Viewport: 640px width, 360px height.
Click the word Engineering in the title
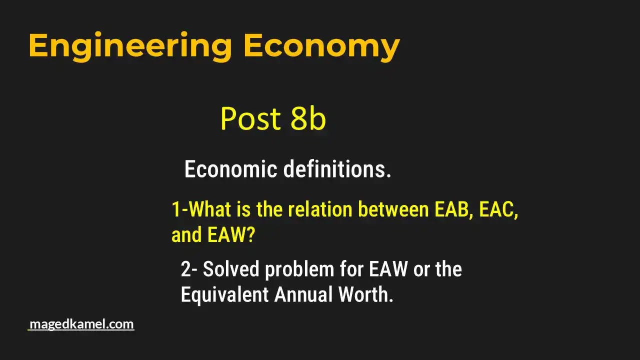[x=130, y=46]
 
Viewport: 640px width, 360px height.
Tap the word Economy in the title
[x=321, y=46]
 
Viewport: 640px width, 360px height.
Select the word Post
[x=250, y=119]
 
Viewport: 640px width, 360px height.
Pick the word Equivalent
[x=224, y=295]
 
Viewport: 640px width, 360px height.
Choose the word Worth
[x=365, y=295]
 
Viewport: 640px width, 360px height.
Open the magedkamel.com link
[x=81, y=324]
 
